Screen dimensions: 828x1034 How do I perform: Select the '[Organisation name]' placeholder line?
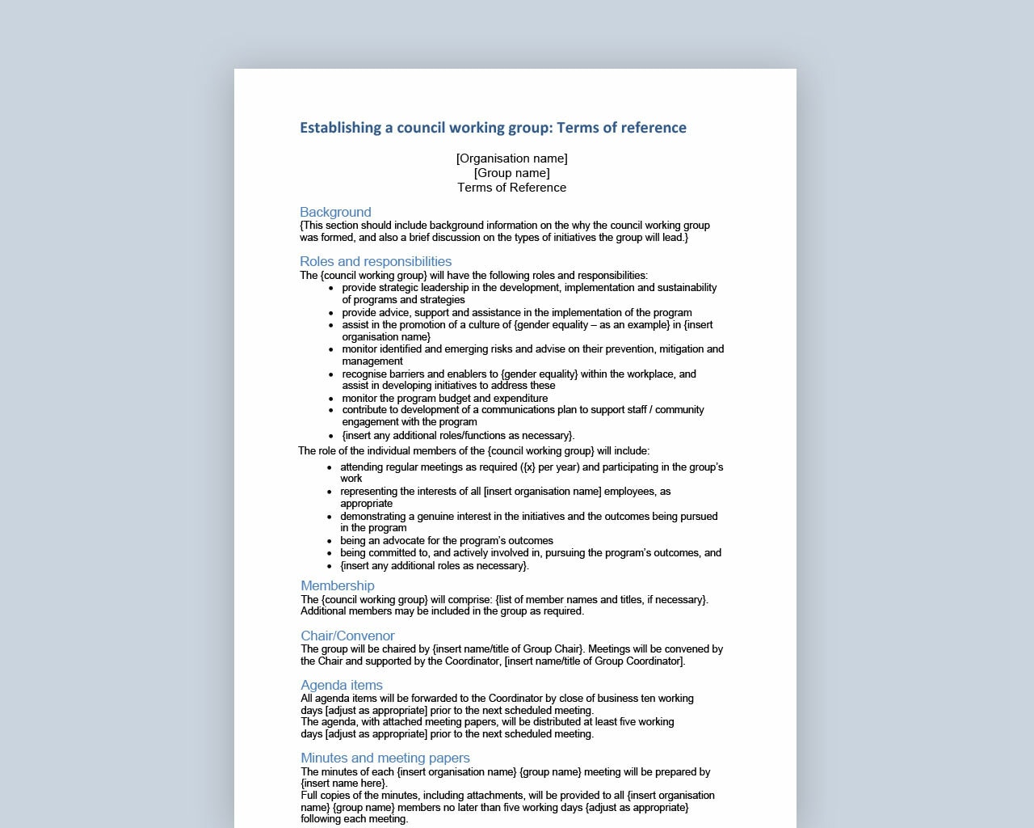click(x=511, y=158)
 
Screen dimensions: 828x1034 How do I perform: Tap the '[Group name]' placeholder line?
click(x=511, y=173)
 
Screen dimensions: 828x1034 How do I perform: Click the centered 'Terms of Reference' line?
click(x=511, y=188)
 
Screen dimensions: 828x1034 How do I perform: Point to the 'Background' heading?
click(x=335, y=213)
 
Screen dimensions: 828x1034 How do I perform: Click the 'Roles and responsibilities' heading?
click(x=376, y=262)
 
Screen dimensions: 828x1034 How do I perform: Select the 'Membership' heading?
click(x=338, y=586)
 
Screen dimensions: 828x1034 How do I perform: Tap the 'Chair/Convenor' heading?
click(x=347, y=636)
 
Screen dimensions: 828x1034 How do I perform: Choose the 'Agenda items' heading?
click(x=342, y=686)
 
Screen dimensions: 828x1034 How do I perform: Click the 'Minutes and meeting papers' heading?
click(x=385, y=758)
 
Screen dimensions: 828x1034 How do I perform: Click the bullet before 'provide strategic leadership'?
click(x=331, y=288)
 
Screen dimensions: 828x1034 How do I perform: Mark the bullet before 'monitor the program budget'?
click(x=331, y=399)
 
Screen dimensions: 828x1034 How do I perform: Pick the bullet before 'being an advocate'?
click(x=330, y=542)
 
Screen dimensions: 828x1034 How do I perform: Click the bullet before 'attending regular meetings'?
click(x=330, y=468)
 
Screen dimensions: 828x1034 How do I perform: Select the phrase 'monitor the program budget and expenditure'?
click(x=444, y=399)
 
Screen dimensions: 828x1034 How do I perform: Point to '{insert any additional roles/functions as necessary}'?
click(x=458, y=436)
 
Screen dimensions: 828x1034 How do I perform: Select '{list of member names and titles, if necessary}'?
click(x=601, y=600)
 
